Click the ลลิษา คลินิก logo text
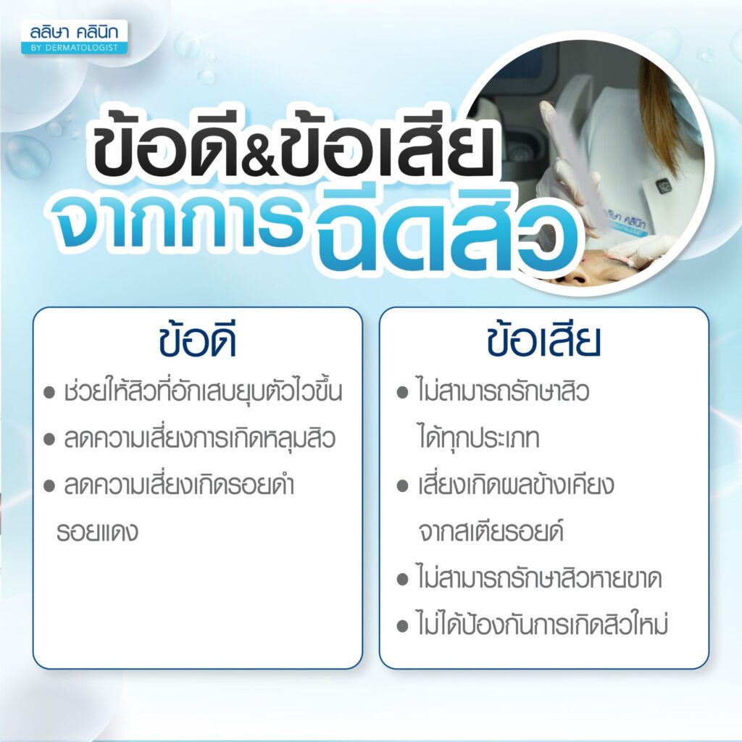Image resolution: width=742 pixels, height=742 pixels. point(74,32)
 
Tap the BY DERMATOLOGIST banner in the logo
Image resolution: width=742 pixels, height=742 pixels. point(74,48)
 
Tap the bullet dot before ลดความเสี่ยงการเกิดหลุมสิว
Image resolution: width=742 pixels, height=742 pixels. point(49,440)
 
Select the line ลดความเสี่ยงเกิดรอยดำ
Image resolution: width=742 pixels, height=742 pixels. point(179,485)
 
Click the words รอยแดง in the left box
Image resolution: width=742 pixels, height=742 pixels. point(97,532)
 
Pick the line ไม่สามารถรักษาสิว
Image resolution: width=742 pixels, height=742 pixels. point(504,392)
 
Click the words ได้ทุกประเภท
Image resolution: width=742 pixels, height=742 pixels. point(479,438)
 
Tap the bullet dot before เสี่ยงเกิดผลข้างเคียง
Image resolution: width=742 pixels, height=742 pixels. point(402,486)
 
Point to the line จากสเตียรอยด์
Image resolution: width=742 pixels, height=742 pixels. point(491,531)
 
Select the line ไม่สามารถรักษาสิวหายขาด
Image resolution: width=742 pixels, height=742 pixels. point(539,578)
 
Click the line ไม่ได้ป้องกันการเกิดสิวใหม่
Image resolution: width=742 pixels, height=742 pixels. point(542,624)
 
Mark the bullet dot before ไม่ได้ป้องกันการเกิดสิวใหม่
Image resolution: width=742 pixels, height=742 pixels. point(402,626)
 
